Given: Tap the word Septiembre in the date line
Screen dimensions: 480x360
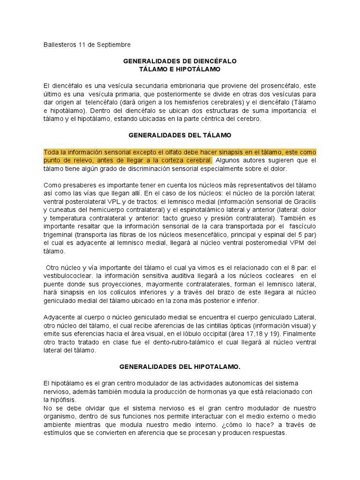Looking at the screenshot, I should pyautogui.click(x=113, y=45).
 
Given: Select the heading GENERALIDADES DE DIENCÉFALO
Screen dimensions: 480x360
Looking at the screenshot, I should pyautogui.click(x=180, y=61).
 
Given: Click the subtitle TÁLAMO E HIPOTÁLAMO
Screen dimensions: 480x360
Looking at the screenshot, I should pyautogui.click(x=180, y=69).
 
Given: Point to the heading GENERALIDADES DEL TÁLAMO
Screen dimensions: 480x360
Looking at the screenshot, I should pyautogui.click(x=180, y=135).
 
